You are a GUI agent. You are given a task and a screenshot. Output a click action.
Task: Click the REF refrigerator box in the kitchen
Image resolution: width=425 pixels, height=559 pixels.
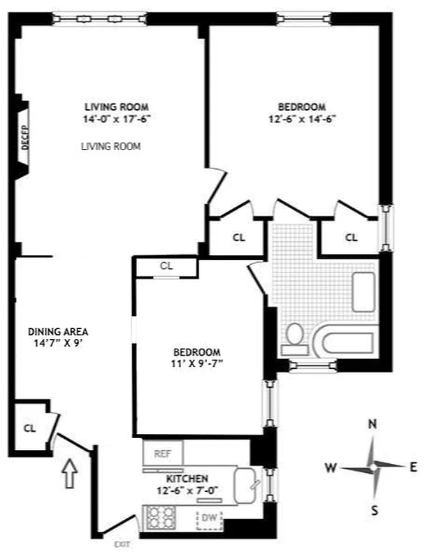pos(162,453)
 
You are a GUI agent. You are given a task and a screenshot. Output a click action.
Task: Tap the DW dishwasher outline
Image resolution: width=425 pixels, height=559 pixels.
pos(208,518)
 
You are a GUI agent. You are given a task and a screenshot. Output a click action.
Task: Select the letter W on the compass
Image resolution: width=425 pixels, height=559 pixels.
pos(331,466)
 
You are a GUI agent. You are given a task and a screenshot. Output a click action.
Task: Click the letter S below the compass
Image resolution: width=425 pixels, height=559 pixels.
pos(375,510)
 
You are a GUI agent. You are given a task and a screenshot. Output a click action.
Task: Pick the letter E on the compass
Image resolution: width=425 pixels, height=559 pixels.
pos(412,466)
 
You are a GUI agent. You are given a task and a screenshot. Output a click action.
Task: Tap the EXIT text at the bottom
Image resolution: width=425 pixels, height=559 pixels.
pos(122,543)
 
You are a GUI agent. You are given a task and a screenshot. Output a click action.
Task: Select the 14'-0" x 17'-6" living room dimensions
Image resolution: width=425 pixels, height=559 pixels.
pos(116,119)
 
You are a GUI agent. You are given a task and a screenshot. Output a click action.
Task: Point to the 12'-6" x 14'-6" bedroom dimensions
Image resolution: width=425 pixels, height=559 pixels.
pos(302,119)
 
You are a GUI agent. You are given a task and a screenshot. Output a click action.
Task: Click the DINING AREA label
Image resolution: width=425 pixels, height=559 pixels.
pos(58,331)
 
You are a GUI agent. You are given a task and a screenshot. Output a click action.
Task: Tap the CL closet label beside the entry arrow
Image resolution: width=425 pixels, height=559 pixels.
pos(29,428)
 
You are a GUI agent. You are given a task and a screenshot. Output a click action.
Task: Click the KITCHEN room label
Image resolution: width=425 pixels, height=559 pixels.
pos(187,479)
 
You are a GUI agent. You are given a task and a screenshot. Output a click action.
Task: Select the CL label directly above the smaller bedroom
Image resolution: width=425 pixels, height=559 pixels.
pos(166,266)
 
